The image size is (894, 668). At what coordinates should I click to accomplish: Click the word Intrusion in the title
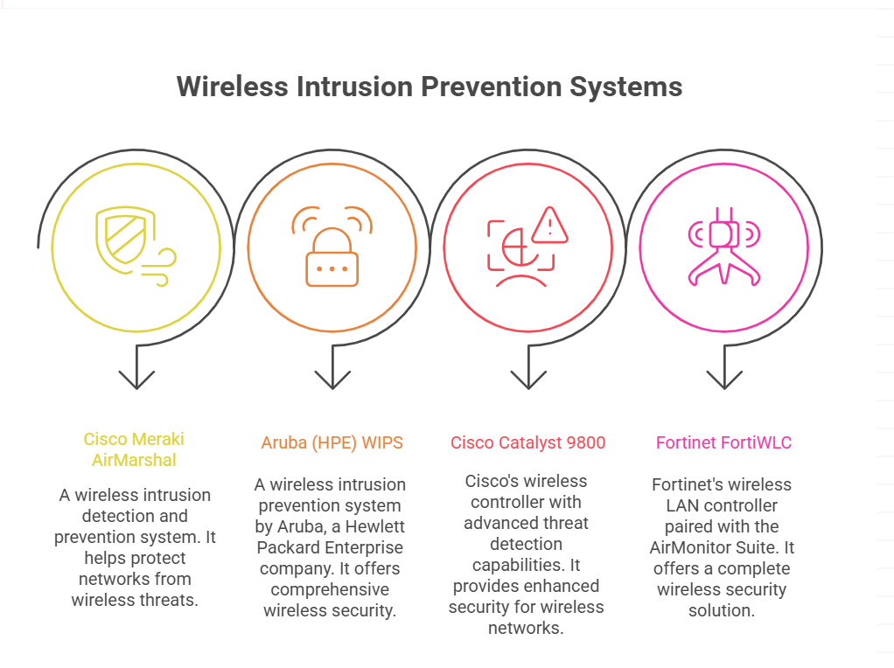354,87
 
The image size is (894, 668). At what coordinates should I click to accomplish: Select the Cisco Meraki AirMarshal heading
134,449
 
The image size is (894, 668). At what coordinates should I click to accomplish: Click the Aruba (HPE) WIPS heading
332,442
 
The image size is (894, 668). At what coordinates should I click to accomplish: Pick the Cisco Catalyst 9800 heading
528,442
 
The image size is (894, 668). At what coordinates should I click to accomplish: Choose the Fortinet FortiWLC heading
723,442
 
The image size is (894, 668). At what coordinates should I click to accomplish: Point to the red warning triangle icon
549,225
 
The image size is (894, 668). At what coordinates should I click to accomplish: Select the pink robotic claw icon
724,247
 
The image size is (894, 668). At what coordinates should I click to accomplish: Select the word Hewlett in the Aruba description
374,526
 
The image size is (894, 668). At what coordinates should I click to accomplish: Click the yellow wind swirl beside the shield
159,266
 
